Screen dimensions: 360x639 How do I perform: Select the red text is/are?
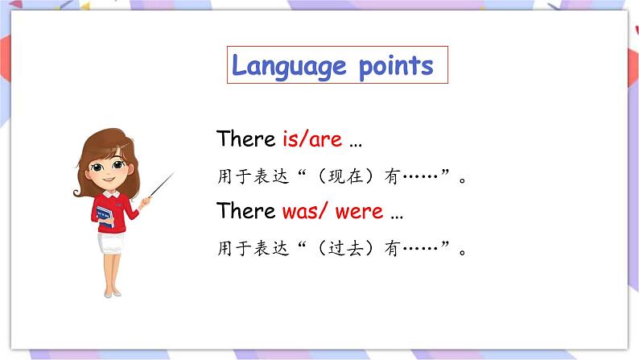click(x=312, y=139)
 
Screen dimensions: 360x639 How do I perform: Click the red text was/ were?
click(x=332, y=212)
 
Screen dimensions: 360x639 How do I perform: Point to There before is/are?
click(x=246, y=139)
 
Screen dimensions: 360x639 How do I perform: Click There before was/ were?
click(x=246, y=212)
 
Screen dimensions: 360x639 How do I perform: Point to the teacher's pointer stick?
click(x=159, y=188)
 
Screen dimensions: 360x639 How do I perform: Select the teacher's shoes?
click(x=112, y=291)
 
